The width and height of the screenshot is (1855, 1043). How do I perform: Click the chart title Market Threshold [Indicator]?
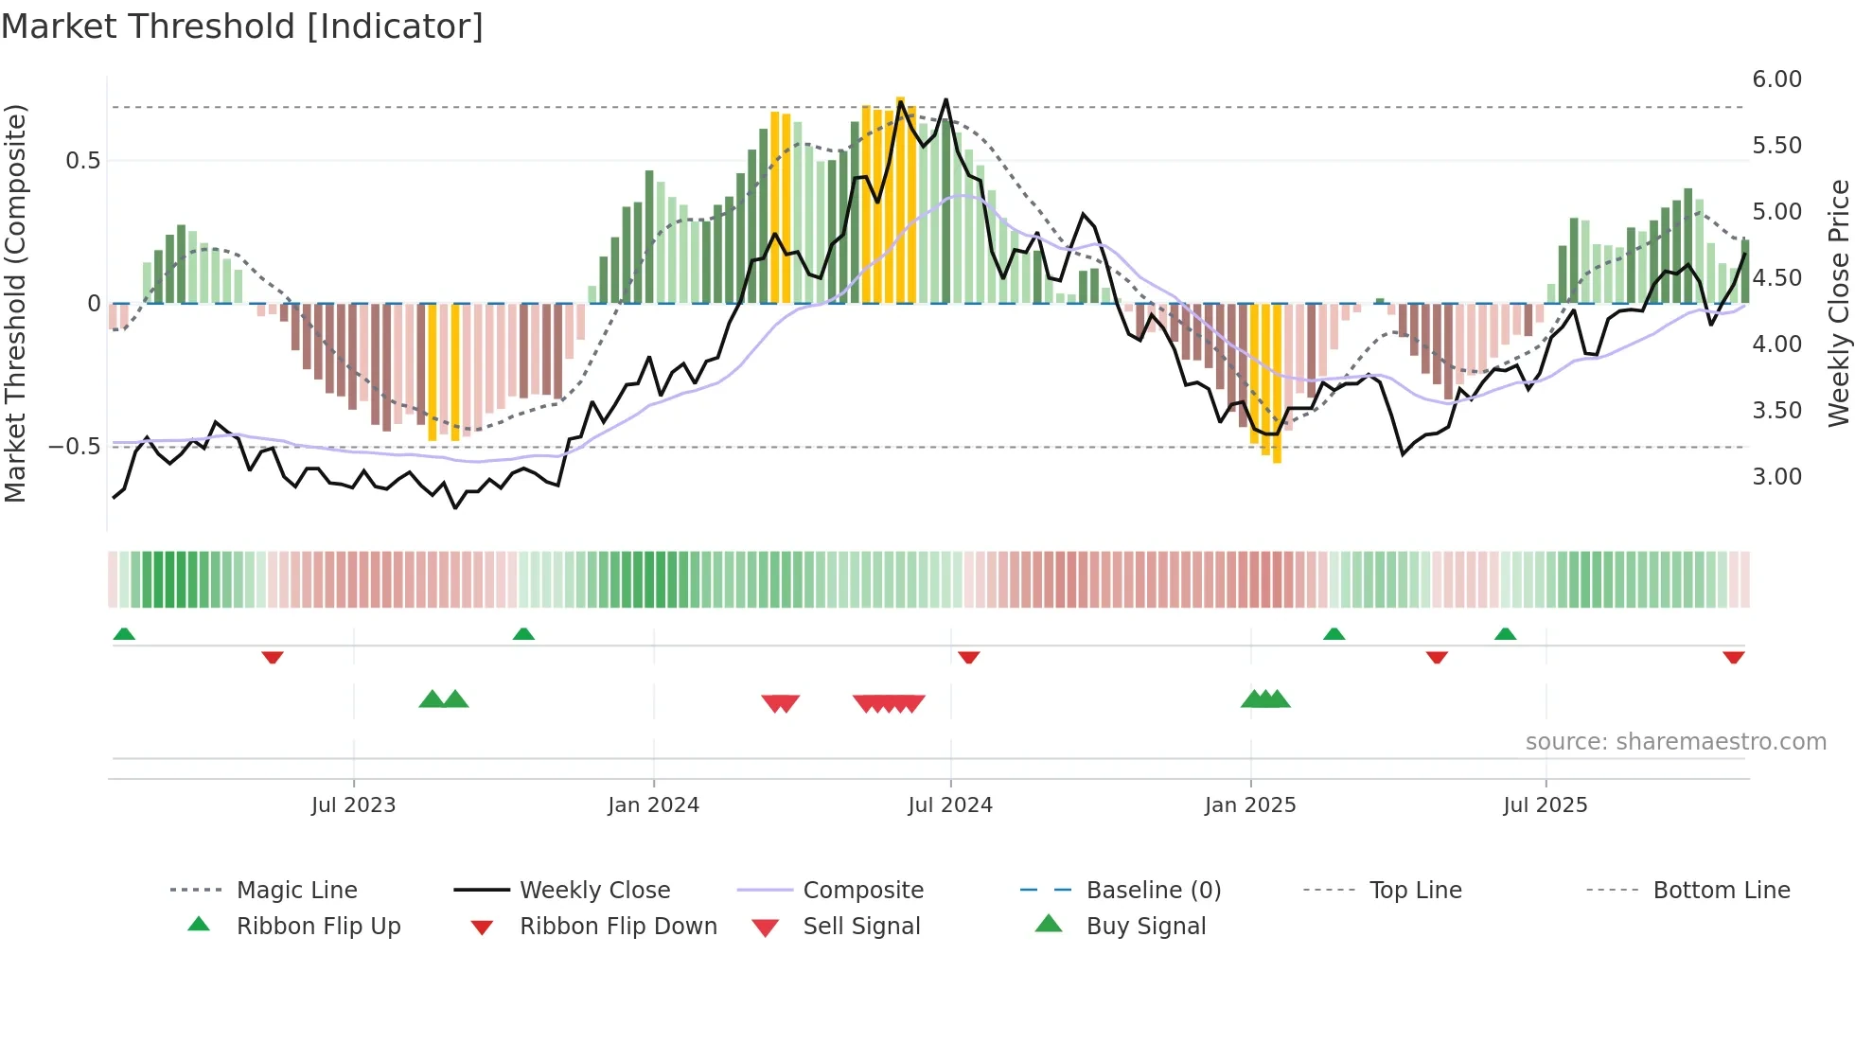(x=242, y=27)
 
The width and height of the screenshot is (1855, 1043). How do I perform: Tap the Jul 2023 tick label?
(x=353, y=805)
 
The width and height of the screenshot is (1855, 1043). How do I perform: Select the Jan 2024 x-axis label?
(x=653, y=805)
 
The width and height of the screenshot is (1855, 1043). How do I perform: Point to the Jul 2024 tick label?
(x=950, y=805)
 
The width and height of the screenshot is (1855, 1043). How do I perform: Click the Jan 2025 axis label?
(x=1250, y=805)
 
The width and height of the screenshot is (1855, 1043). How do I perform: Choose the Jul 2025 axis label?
(x=1546, y=805)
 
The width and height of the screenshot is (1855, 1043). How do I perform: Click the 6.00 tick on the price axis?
(x=1776, y=80)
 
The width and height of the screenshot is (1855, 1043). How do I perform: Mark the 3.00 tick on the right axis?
(x=1776, y=477)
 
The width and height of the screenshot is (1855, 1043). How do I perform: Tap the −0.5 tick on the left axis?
(x=75, y=447)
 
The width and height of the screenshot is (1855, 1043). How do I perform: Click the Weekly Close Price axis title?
(x=1838, y=303)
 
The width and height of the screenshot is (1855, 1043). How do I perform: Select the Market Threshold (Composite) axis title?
(x=15, y=303)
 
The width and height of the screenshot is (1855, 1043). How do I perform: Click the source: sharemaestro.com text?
(x=1675, y=742)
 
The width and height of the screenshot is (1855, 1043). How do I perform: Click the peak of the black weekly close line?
(x=945, y=99)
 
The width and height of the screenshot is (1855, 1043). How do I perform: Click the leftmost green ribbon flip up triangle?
(x=124, y=634)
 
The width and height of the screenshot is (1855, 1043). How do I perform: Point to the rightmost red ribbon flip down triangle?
(x=1734, y=657)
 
